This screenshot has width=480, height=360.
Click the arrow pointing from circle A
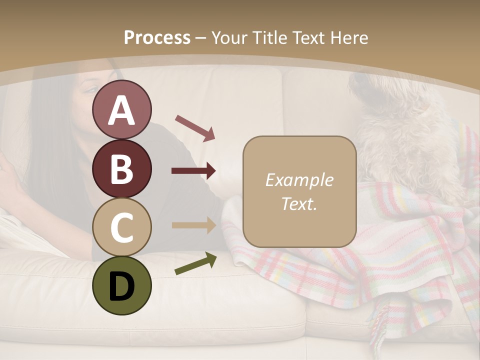tap(195, 127)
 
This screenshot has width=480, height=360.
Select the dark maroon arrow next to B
tap(194, 171)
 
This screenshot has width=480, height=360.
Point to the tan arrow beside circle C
tap(194, 225)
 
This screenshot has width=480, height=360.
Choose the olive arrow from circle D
tap(195, 263)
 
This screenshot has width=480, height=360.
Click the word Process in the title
tap(157, 38)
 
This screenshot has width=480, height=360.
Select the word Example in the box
tap(299, 180)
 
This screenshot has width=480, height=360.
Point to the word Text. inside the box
tap(299, 203)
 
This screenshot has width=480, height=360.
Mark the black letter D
tap(121, 286)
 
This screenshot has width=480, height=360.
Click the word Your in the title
tap(230, 38)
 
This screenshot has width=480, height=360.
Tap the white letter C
tap(121, 227)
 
